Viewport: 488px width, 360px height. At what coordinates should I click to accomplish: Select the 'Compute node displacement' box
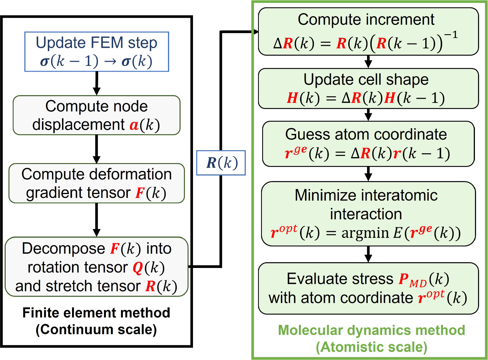click(x=96, y=115)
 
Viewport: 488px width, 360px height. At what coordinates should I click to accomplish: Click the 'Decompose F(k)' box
click(x=96, y=266)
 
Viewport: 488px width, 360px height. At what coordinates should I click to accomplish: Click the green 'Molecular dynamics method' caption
click(x=371, y=330)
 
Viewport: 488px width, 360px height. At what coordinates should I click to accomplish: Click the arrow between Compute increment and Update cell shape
click(x=369, y=62)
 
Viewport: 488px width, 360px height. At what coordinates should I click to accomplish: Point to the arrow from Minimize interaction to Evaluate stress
click(x=369, y=255)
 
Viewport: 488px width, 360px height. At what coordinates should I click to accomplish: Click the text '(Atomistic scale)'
click(x=371, y=347)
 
